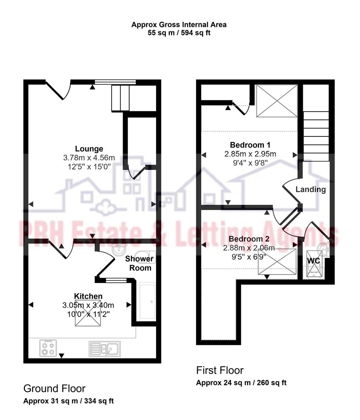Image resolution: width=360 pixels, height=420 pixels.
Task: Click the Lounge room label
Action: (x=89, y=149)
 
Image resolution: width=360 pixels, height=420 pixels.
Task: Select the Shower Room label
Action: (x=139, y=263)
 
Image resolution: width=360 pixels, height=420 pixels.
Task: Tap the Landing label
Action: (x=311, y=189)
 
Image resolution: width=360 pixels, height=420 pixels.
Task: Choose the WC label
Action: (x=314, y=261)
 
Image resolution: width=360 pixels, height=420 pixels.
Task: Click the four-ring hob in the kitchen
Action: (x=48, y=348)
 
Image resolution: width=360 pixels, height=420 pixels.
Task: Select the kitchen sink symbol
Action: (x=105, y=348)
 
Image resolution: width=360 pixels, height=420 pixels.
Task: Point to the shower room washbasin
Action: (x=118, y=250)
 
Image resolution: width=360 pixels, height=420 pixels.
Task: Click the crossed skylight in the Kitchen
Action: (x=89, y=313)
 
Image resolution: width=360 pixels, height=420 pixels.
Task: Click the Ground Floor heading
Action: (x=54, y=388)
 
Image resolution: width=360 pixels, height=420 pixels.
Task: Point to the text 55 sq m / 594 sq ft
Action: (x=179, y=33)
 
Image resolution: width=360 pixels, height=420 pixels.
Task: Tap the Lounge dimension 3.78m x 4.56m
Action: (x=89, y=158)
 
